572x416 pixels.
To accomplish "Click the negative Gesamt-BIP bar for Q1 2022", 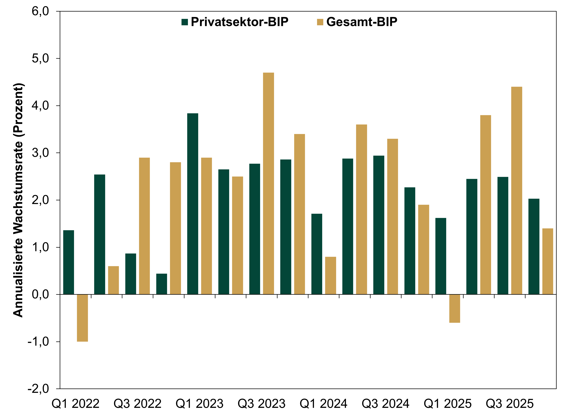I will click(x=82, y=318).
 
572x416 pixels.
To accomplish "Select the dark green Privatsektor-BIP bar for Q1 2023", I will click(x=193, y=204).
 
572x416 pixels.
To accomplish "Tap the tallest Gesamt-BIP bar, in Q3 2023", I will click(x=269, y=184).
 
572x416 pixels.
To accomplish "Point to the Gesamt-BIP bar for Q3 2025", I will click(x=517, y=191).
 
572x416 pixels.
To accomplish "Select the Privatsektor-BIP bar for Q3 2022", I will click(x=131, y=274).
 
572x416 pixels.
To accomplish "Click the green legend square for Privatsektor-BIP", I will click(x=185, y=22).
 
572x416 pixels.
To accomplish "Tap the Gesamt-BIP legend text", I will click(x=362, y=22).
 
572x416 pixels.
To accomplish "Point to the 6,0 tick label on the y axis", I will click(x=40, y=11).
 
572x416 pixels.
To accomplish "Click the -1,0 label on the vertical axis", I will click(x=38, y=342).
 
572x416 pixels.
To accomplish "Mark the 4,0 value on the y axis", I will click(x=40, y=106).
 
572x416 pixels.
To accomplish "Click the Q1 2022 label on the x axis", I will click(x=75, y=404).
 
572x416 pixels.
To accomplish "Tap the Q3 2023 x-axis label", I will click(x=262, y=404).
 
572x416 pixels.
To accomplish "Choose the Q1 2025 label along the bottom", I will click(x=448, y=404).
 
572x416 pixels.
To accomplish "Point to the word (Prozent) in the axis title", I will click(x=18, y=110).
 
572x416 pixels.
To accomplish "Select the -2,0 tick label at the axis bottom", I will click(x=38, y=389).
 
